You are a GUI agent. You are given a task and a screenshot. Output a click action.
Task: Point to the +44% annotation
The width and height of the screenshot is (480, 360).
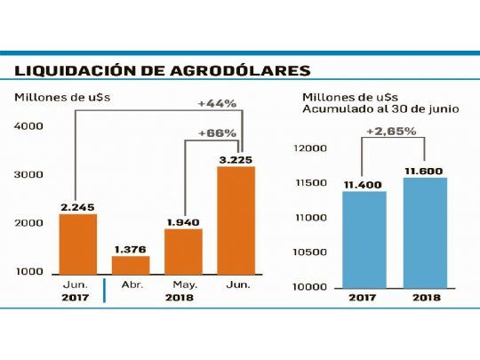coord(217,103)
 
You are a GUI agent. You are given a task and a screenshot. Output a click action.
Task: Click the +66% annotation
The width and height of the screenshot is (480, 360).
coord(217,132)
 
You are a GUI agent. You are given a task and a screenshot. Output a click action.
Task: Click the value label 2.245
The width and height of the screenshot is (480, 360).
coord(78,205)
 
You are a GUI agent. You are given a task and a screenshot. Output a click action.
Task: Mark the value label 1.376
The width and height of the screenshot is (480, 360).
coord(130,247)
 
